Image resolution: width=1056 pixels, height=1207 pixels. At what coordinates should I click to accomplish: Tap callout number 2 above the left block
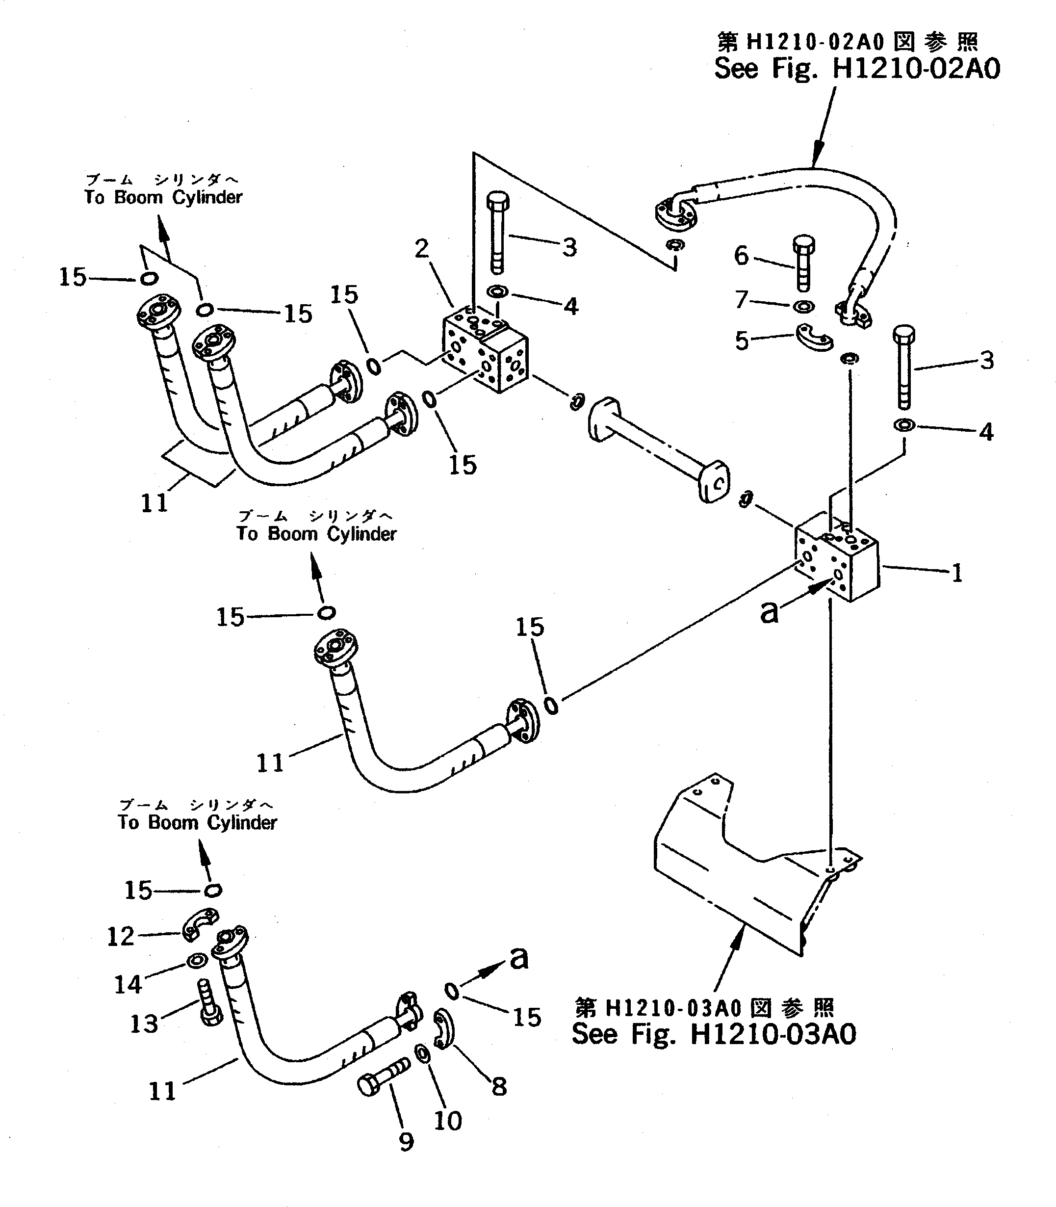coord(421,249)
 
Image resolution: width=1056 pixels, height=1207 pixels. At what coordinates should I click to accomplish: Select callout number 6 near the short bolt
coord(741,256)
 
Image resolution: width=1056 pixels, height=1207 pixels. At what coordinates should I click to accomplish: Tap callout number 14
coord(128,984)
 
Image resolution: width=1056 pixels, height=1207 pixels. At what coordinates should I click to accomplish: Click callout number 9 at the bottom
coord(406,1142)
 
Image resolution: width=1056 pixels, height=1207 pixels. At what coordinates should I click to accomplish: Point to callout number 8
coord(499,1086)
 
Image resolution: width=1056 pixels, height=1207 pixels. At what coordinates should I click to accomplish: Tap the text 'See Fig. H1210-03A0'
coord(714,1034)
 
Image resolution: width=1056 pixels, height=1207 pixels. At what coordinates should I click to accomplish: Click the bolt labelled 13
coord(207,1004)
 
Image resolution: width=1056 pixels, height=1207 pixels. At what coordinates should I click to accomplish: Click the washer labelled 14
coord(196,961)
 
